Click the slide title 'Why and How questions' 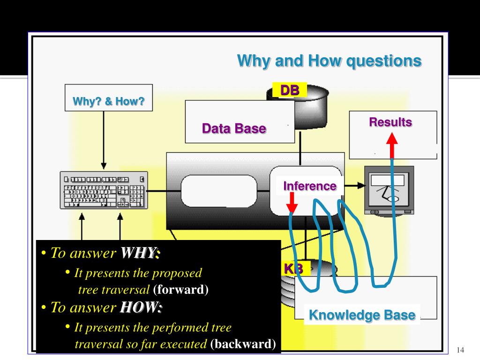click(329, 61)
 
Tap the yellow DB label click(289, 90)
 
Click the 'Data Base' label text click(234, 128)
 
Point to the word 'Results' click(390, 122)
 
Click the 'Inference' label click(309, 186)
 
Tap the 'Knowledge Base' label click(362, 315)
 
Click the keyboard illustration click(104, 190)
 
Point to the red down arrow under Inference click(292, 204)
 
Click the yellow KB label click(294, 269)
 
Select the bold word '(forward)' click(180, 289)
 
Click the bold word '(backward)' click(243, 345)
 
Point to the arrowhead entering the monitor click(361, 185)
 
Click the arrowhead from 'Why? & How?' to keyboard click(104, 166)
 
